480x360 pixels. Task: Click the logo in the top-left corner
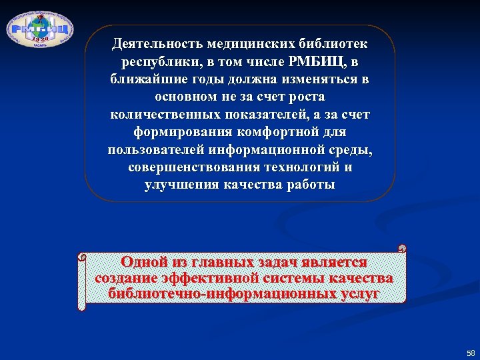(40, 29)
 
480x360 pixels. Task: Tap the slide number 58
(471, 353)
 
